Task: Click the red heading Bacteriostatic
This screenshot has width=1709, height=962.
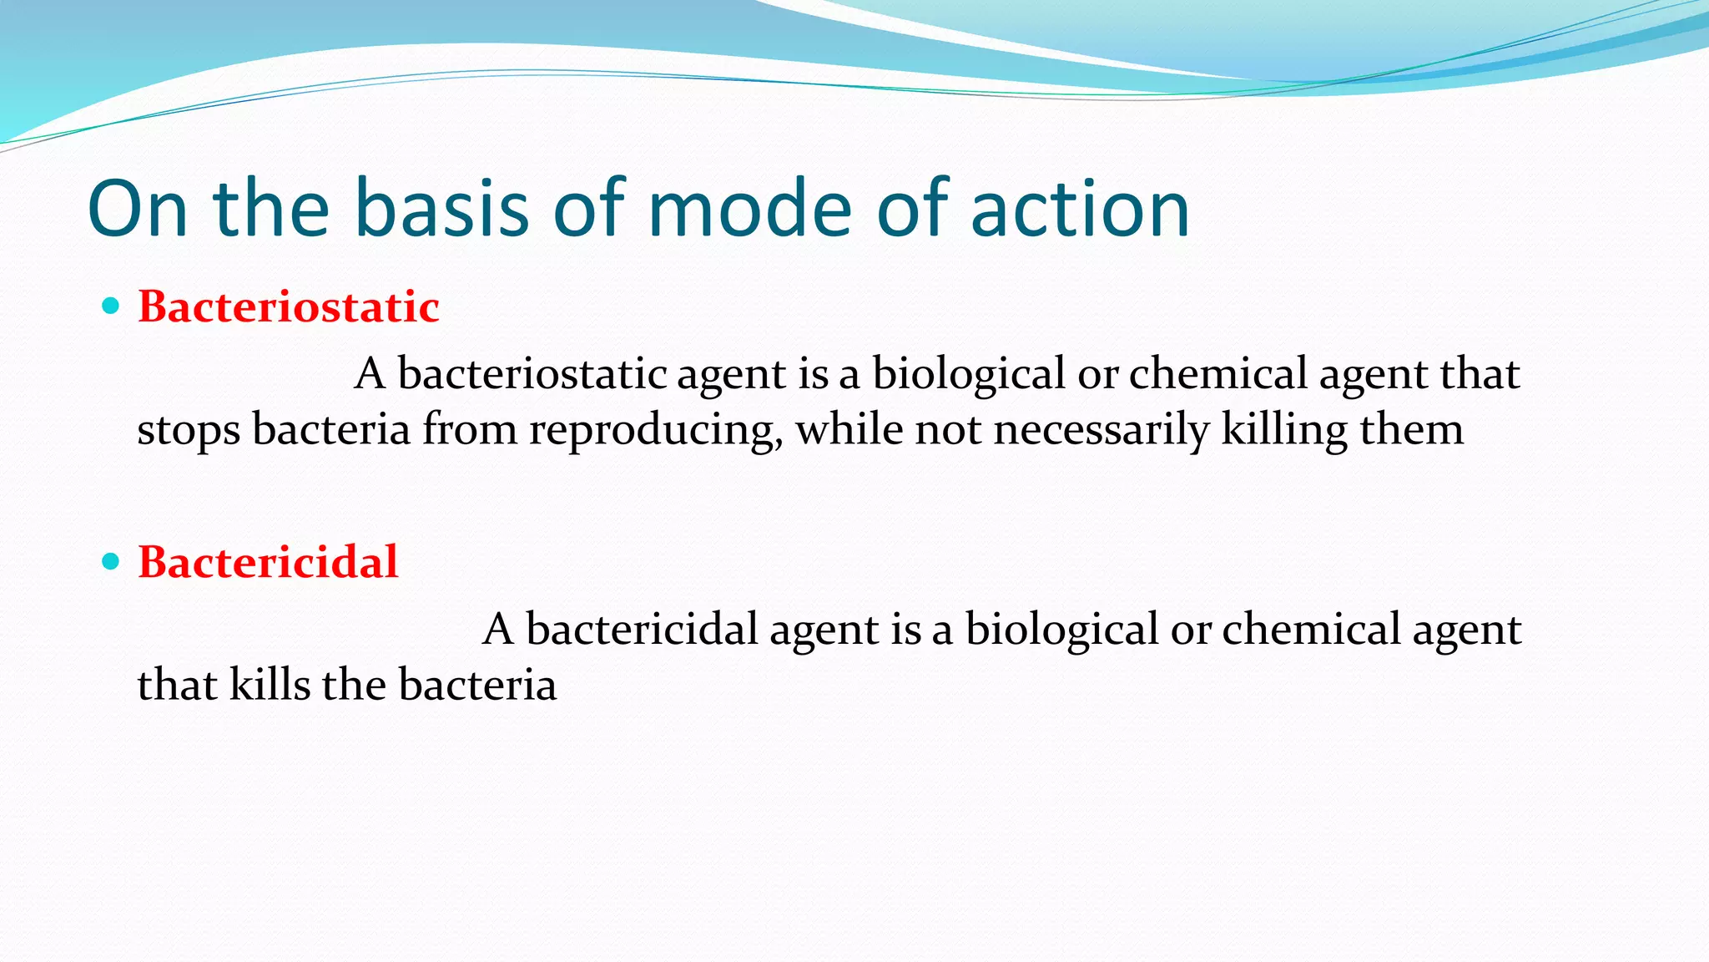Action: pyautogui.click(x=288, y=306)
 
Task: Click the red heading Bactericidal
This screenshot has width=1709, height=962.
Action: pyautogui.click(x=268, y=562)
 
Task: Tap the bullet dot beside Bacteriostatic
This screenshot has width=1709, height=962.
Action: pyautogui.click(x=110, y=306)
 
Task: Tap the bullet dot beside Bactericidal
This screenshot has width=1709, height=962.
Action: pyautogui.click(x=110, y=561)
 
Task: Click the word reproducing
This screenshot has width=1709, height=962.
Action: pyautogui.click(x=655, y=431)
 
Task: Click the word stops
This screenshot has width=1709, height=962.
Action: pyautogui.click(x=188, y=431)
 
